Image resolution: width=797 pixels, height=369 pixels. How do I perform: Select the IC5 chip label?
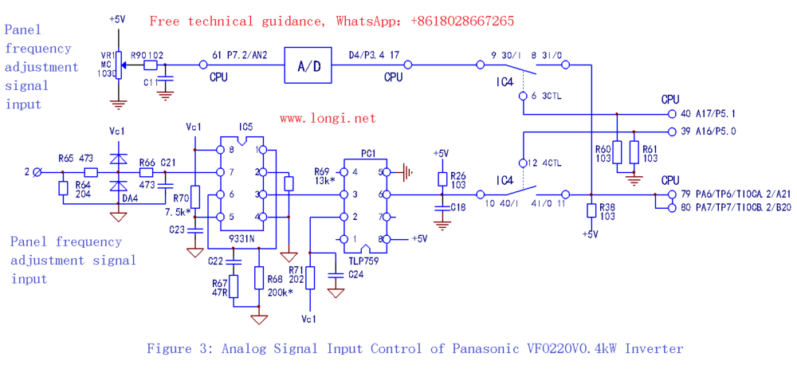(245, 127)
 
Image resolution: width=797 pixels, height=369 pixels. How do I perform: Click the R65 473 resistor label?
(77, 159)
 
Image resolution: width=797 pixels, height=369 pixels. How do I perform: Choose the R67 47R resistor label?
(220, 288)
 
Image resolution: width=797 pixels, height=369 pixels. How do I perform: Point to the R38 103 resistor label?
(607, 210)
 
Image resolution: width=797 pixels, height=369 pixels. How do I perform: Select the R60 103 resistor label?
(604, 152)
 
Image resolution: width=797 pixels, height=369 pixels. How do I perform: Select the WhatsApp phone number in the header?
(462, 21)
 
